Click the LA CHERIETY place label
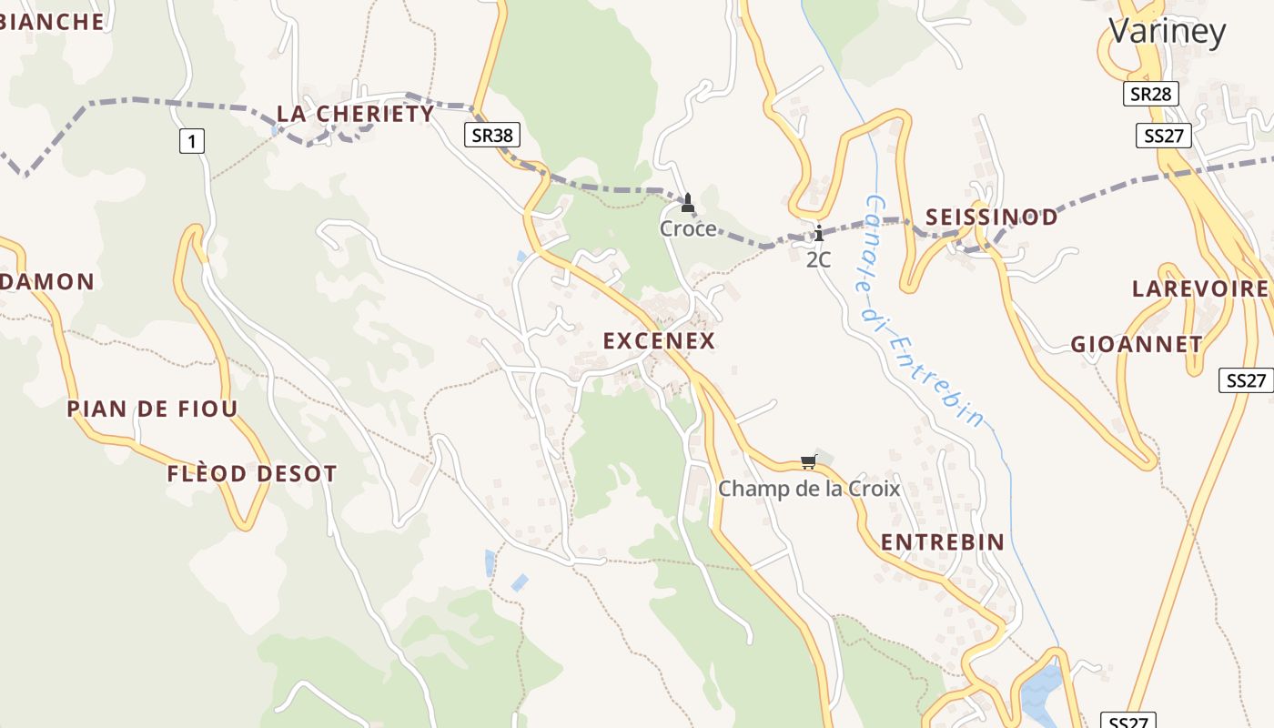[356, 114]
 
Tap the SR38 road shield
[493, 136]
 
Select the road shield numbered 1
[191, 141]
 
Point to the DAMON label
[47, 282]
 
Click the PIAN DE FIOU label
[152, 409]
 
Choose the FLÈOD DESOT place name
[252, 474]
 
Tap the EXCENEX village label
[660, 341]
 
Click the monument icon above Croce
[688, 202]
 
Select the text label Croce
[688, 228]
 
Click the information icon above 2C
[819, 233]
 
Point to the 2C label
[819, 259]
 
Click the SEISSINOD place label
[992, 217]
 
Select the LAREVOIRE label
[1199, 289]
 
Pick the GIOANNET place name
[1137, 345]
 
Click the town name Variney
[1167, 32]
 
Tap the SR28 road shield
[1151, 94]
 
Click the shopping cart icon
[808, 461]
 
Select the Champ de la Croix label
[809, 489]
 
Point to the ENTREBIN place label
[943, 542]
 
